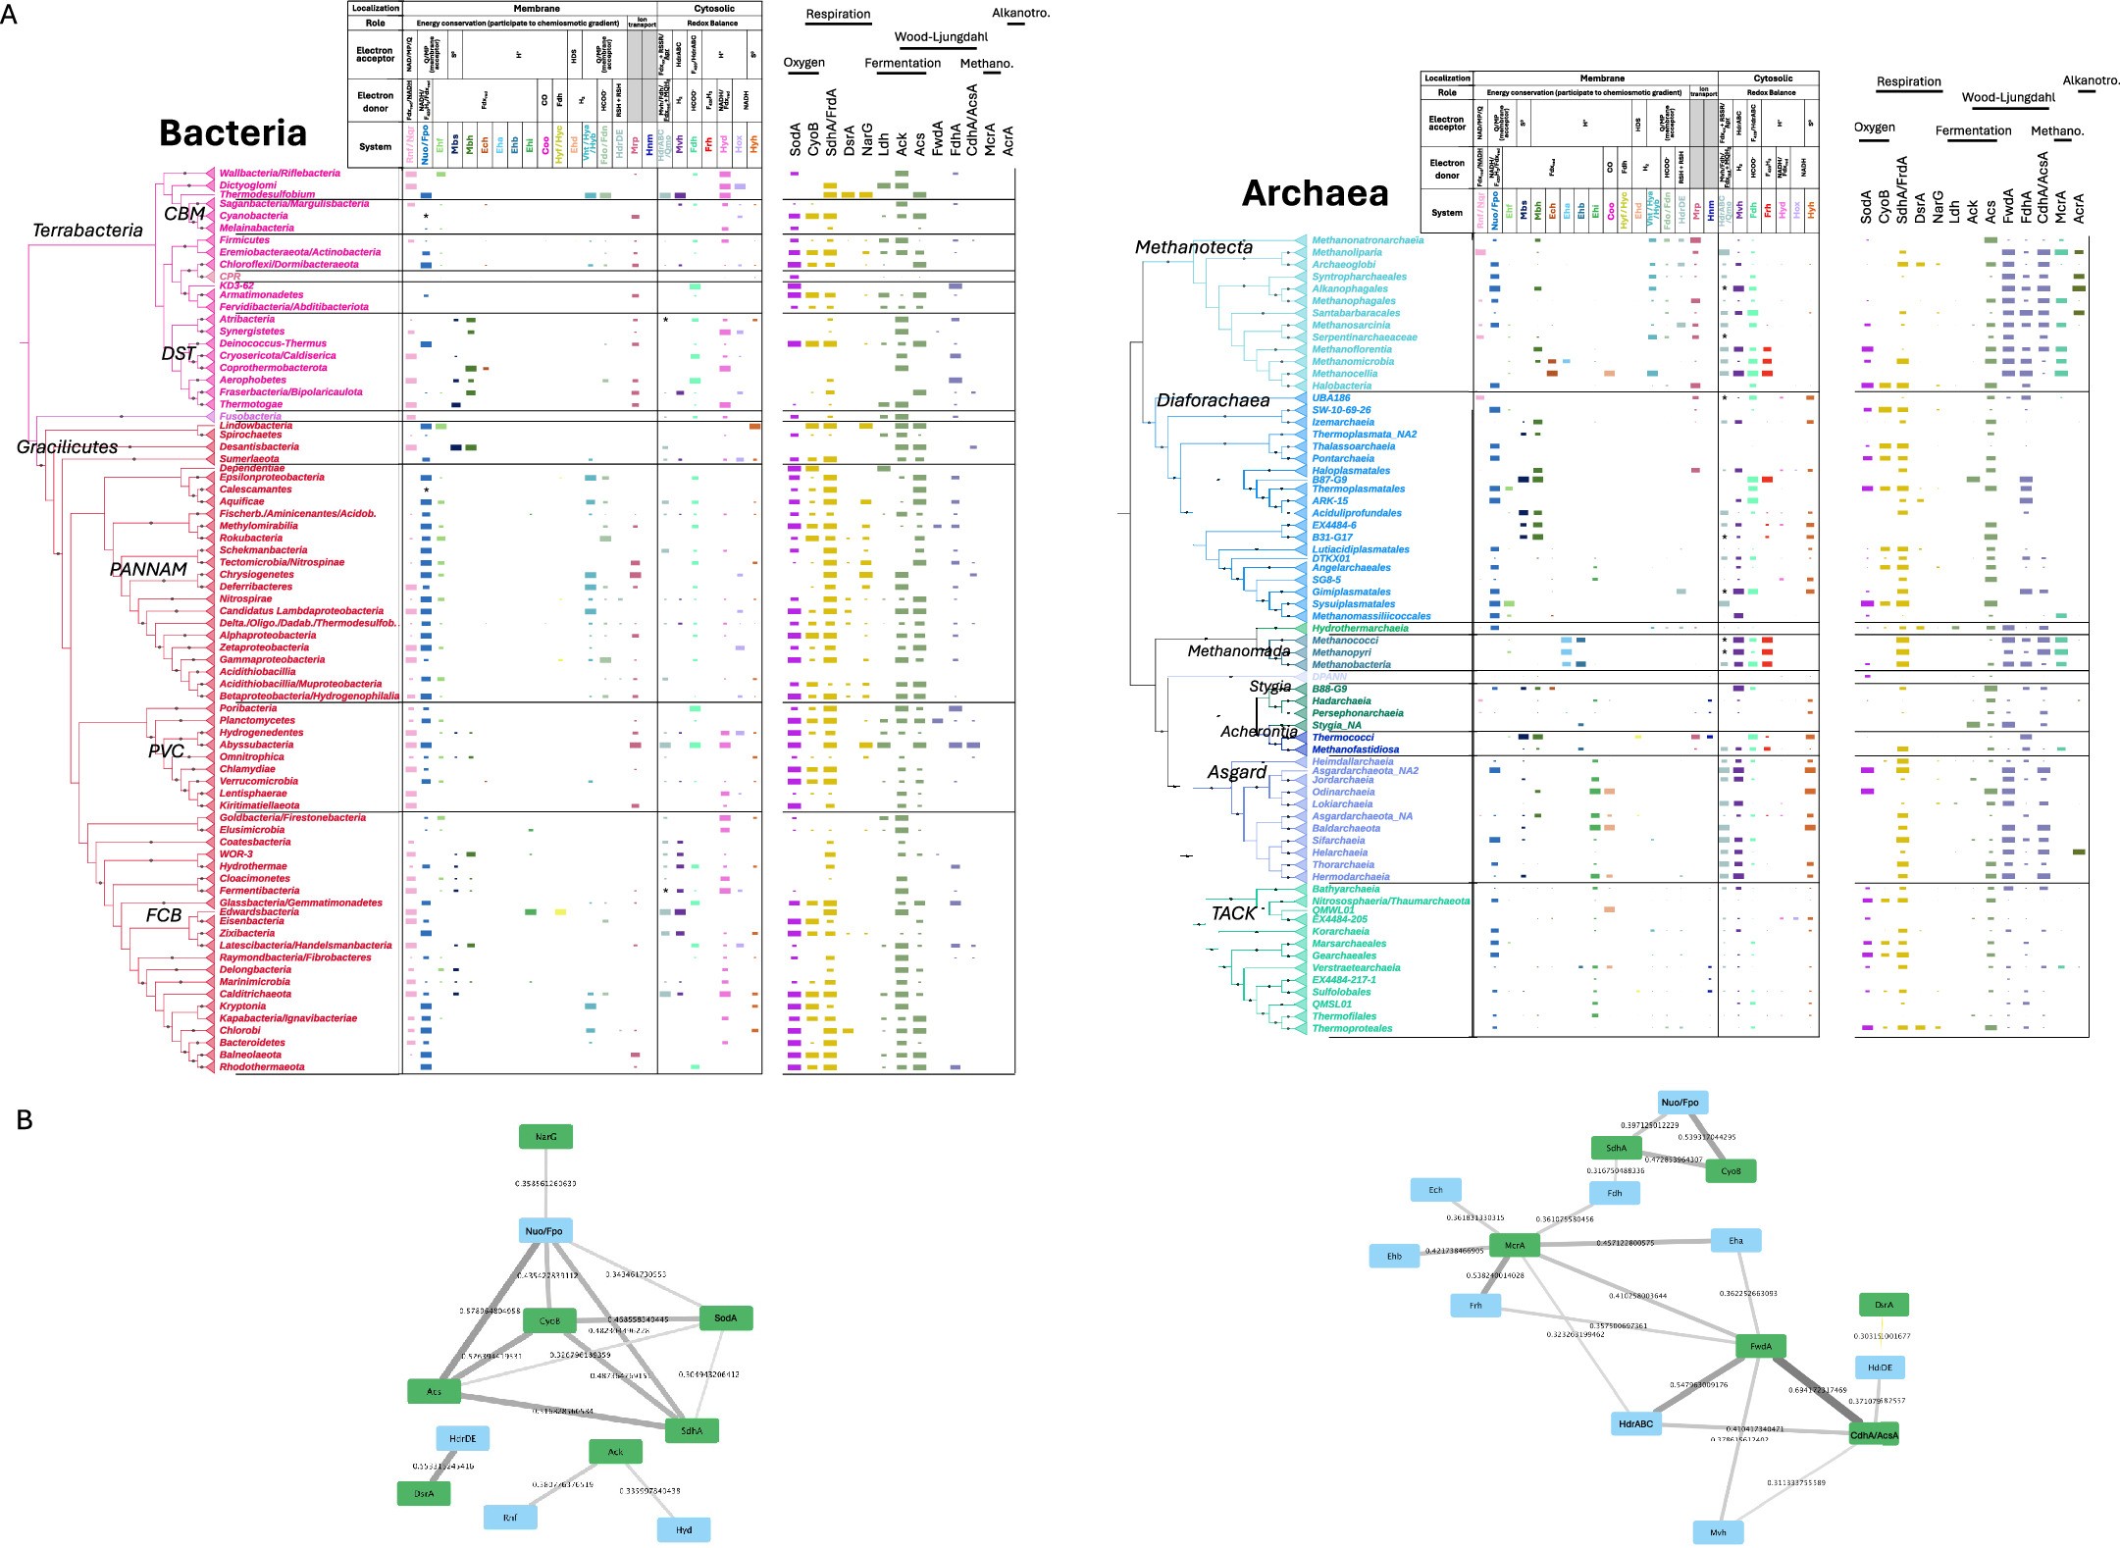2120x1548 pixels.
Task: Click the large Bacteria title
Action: [x=233, y=133]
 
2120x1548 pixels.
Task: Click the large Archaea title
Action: [x=1315, y=193]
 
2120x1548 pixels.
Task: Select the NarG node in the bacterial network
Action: [x=545, y=1137]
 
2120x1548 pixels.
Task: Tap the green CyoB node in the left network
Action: [x=549, y=1321]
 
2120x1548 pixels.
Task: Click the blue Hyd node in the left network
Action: [x=684, y=1529]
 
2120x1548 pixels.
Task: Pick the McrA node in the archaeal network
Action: [x=1514, y=1246]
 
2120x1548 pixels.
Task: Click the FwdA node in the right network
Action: [x=1760, y=1347]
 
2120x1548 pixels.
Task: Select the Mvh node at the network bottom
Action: [x=1718, y=1532]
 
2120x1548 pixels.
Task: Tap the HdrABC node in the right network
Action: [x=1635, y=1423]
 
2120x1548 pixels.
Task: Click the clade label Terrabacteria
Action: [x=87, y=231]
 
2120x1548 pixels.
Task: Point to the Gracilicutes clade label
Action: [x=67, y=447]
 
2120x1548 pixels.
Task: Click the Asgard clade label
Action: [x=1236, y=773]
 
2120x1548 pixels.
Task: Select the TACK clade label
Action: [x=1233, y=913]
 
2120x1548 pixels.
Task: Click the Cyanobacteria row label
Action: [x=253, y=216]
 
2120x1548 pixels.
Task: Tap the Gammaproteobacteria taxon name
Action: [x=272, y=659]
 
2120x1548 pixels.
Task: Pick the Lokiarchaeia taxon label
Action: [x=1342, y=804]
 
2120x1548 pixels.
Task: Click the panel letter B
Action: [x=25, y=1120]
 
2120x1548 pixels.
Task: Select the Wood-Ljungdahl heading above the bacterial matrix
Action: [x=940, y=37]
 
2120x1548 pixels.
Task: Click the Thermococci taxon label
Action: [x=1342, y=738]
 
